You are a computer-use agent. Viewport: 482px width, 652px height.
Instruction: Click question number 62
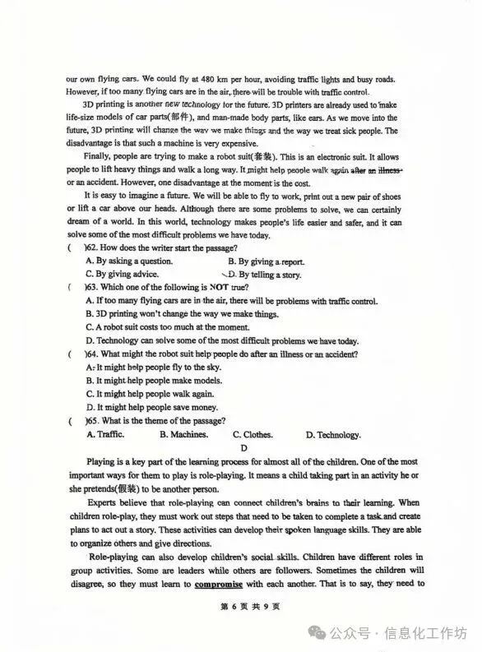[92, 247]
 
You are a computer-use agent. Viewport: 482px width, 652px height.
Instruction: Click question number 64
[92, 354]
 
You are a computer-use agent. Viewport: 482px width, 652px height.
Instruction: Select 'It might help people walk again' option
[160, 394]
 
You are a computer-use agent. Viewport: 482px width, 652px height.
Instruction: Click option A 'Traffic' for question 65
[104, 434]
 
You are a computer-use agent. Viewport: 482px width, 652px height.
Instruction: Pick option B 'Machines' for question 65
[183, 434]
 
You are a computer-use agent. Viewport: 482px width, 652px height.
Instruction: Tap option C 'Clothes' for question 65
[253, 434]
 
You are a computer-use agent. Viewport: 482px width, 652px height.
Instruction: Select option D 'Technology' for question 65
[332, 435]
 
